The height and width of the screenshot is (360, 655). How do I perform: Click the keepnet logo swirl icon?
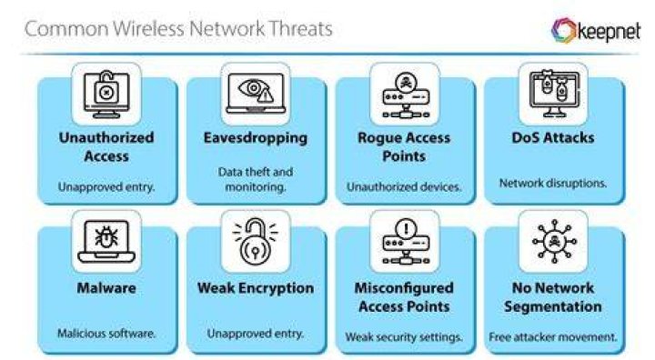coord(564,30)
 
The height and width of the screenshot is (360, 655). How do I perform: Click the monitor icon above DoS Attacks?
coord(554,94)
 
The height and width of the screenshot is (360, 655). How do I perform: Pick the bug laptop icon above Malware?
coord(106,242)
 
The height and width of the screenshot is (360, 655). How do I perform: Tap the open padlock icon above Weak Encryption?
coord(256,241)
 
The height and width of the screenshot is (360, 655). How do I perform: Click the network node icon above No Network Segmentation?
coord(554,242)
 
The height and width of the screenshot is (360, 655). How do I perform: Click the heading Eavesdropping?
coord(256,138)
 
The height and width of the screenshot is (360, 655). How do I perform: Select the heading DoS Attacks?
coord(553,138)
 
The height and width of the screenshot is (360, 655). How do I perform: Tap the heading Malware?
coord(106,288)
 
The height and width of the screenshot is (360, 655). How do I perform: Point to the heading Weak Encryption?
coord(256,288)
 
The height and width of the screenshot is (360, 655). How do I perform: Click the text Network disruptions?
coord(553,184)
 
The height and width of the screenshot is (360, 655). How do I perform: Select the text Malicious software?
coord(106,334)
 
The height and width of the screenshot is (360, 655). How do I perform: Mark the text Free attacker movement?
coord(553,337)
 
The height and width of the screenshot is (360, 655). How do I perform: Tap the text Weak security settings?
coord(404,337)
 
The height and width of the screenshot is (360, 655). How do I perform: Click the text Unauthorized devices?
coord(404,186)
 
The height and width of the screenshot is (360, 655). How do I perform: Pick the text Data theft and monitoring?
coord(256,179)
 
